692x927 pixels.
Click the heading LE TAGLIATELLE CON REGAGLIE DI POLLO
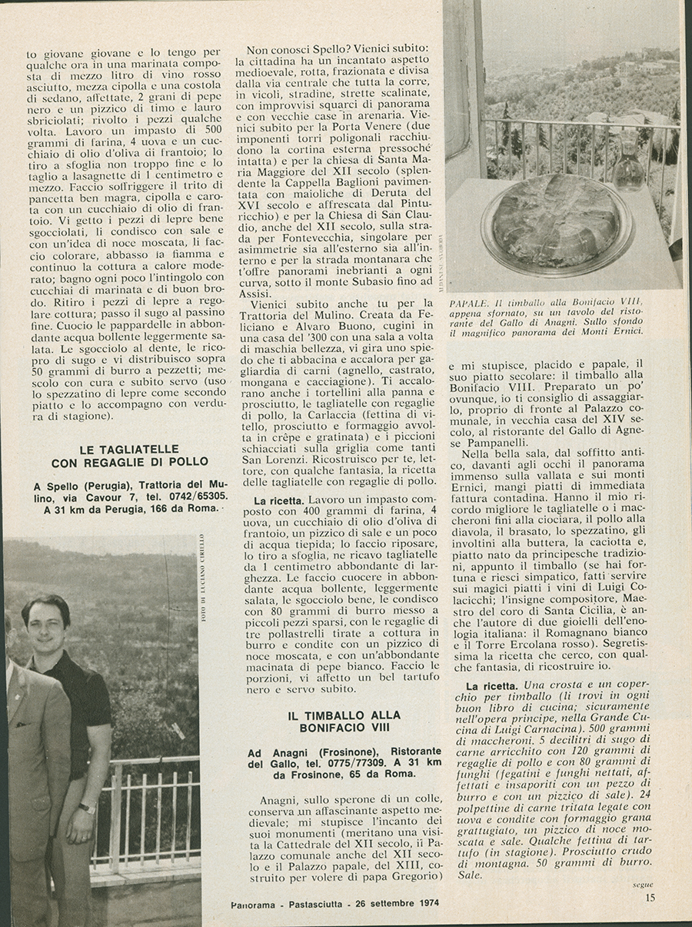pyautogui.click(x=129, y=455)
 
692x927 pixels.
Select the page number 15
pyautogui.click(x=650, y=896)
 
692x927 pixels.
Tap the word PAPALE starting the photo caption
pyautogui.click(x=467, y=301)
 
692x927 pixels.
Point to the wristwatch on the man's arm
pyautogui.click(x=88, y=809)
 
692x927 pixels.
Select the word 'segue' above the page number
pyautogui.click(x=643, y=885)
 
